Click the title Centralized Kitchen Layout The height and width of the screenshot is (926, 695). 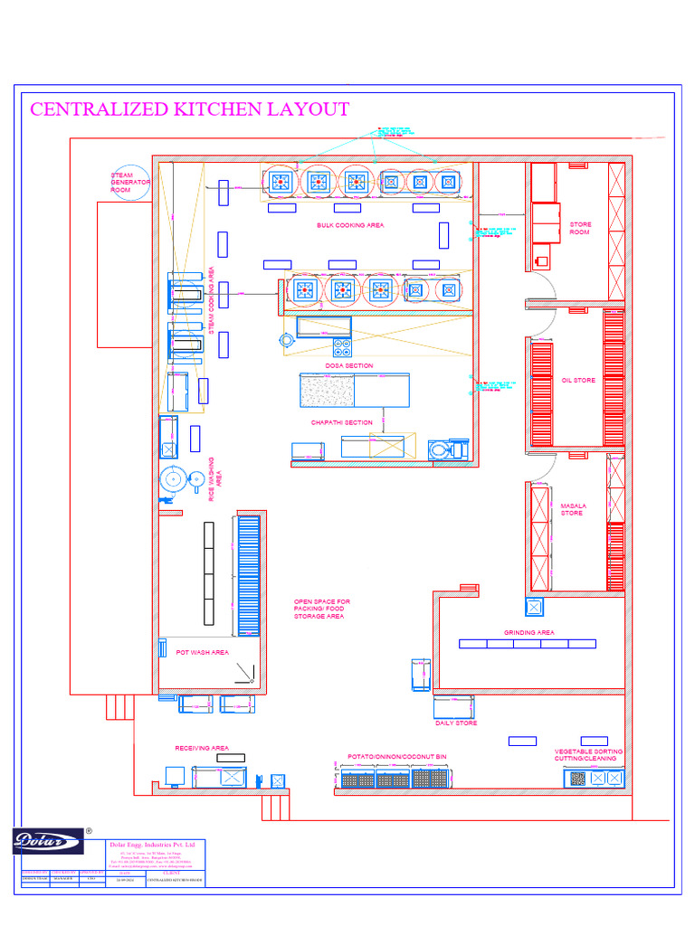click(190, 109)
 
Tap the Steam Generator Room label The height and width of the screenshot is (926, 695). click(129, 183)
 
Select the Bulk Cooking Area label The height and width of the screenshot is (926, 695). click(350, 225)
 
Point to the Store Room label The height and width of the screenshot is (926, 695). click(579, 228)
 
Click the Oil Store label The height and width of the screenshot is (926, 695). click(578, 381)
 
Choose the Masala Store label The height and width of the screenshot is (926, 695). click(572, 509)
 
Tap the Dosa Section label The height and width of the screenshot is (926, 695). click(349, 366)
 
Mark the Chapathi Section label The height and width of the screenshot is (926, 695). click(342, 422)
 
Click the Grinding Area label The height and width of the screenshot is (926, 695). click(529, 633)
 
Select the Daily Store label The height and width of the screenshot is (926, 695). click(456, 723)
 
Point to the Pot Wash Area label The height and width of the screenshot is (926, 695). click(203, 652)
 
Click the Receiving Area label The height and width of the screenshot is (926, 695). click(202, 749)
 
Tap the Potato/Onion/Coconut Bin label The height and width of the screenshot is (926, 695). click(397, 756)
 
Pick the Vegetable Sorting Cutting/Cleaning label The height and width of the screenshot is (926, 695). click(588, 754)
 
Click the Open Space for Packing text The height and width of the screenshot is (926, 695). click(322, 609)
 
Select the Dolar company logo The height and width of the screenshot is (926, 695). click(48, 841)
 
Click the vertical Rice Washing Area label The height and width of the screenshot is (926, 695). click(215, 479)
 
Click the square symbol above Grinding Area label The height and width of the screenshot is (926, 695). click(534, 607)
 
